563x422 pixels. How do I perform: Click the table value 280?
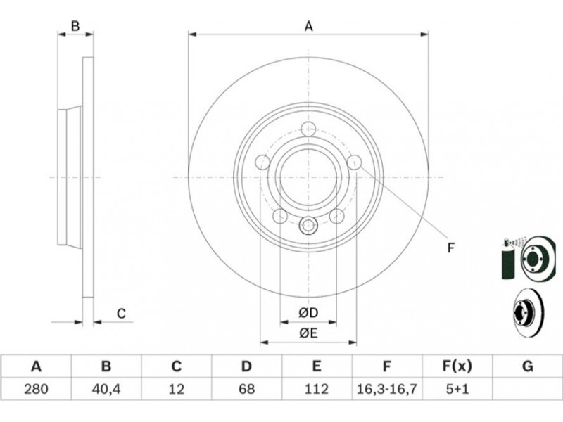click(x=36, y=389)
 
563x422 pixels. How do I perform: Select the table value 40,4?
click(x=106, y=389)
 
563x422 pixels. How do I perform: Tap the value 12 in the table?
click(x=176, y=389)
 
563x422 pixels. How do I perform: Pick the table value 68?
click(x=246, y=389)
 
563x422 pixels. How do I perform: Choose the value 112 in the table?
click(x=316, y=389)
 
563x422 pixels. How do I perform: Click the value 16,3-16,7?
click(x=386, y=389)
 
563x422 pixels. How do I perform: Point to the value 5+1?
click(x=457, y=389)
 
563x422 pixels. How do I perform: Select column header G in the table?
click(x=527, y=366)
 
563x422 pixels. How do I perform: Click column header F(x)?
click(x=457, y=366)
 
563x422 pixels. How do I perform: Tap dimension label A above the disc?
click(x=308, y=27)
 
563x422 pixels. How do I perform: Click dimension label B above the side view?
click(x=75, y=26)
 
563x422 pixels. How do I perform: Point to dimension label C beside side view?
click(x=121, y=313)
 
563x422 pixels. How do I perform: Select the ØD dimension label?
click(x=308, y=313)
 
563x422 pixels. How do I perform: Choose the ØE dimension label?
click(x=308, y=333)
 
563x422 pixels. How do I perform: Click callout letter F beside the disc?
click(x=451, y=248)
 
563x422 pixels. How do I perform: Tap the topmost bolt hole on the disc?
click(x=308, y=129)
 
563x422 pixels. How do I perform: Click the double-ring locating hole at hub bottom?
click(x=308, y=226)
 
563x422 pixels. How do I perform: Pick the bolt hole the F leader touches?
click(x=355, y=162)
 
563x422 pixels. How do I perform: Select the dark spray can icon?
click(x=507, y=259)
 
